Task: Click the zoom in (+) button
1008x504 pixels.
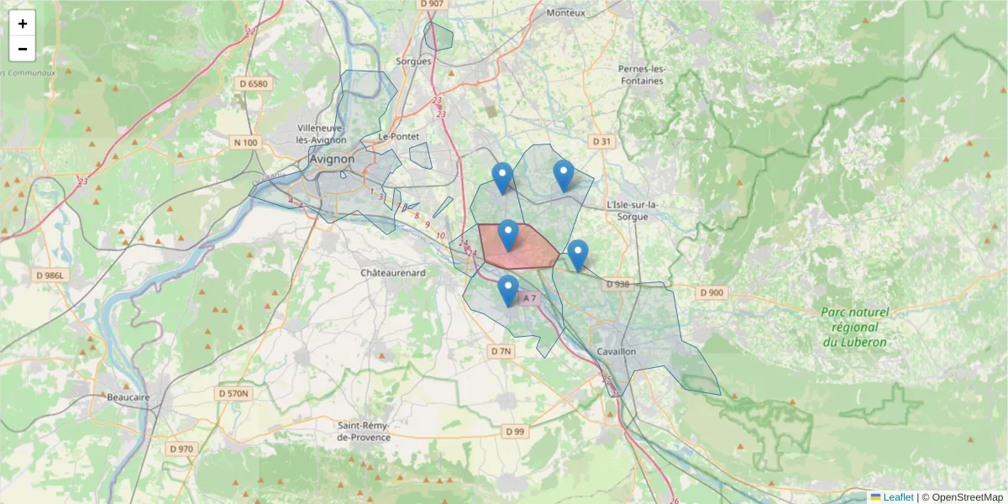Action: click(23, 24)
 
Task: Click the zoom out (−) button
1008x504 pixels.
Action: click(23, 49)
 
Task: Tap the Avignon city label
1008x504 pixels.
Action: click(332, 158)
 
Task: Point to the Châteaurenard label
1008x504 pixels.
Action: click(393, 273)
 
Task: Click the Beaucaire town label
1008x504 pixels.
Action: click(129, 396)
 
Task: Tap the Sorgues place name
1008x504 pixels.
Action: click(413, 61)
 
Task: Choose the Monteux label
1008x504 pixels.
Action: click(565, 13)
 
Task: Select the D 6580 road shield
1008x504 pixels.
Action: click(253, 84)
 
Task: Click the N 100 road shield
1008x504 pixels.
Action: click(245, 143)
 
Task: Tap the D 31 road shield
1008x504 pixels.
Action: click(601, 142)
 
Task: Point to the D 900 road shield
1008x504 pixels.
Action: click(711, 292)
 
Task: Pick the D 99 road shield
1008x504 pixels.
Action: click(515, 432)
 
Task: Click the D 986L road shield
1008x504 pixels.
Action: click(50, 275)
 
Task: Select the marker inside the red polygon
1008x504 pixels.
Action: click(507, 234)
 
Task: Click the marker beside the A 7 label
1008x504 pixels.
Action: click(507, 290)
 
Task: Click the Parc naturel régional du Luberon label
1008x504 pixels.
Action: click(855, 327)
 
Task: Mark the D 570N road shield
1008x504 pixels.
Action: click(235, 393)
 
